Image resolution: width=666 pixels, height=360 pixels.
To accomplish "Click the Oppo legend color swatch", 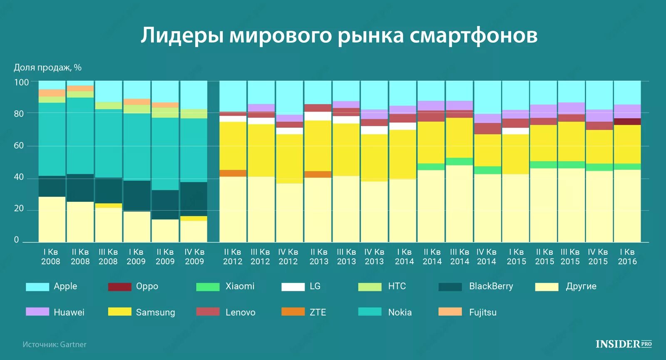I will tap(119, 287).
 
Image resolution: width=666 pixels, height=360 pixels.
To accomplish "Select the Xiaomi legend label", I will tap(240, 286).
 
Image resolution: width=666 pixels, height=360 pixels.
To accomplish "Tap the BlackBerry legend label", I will tap(491, 286).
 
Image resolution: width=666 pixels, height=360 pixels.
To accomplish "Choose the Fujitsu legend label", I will tap(482, 312).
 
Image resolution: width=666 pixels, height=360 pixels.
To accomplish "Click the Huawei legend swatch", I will tap(37, 312).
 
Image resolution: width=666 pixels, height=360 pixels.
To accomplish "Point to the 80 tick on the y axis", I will tap(19, 114).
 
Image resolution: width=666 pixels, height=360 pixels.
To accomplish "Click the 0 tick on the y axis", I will tap(17, 240).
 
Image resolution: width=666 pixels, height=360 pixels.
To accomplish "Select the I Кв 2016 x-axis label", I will tap(627, 257).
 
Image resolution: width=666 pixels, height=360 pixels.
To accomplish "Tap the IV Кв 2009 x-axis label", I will tap(194, 257).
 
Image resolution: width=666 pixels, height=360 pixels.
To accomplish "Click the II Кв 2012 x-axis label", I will tap(233, 257).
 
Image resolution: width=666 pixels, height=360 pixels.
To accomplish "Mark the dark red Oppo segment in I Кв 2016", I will tap(627, 122).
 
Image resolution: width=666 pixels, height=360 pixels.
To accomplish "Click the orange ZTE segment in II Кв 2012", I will tap(233, 173).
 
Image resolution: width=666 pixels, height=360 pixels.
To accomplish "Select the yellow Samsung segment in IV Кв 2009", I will tap(194, 218).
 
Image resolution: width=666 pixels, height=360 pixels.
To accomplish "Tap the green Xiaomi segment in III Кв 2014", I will tap(459, 161).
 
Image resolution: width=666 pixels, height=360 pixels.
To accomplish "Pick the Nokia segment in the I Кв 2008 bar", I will tap(52, 139).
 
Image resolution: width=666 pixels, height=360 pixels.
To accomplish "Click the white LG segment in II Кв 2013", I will tap(318, 116).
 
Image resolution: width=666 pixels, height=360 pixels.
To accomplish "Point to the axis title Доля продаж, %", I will tap(47, 67).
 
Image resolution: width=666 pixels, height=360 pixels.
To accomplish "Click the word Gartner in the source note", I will tap(73, 345).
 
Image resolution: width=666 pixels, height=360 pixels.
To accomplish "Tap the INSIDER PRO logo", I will tap(623, 344).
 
